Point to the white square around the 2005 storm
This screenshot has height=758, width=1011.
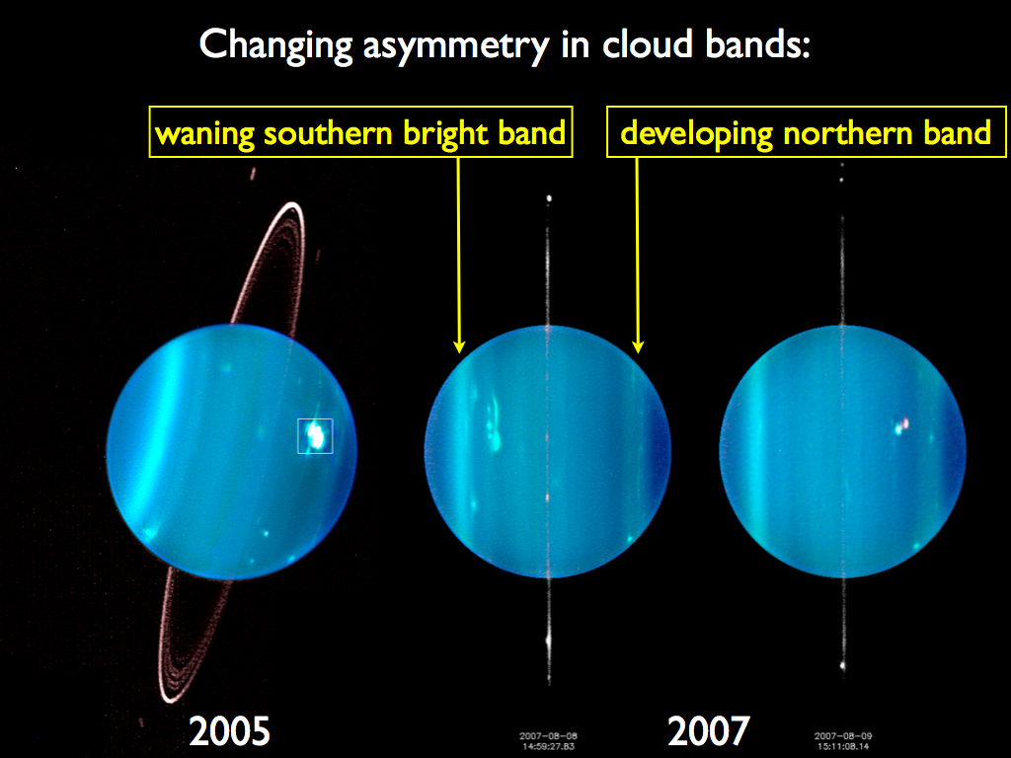click(x=316, y=435)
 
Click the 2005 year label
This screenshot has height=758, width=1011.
click(x=229, y=731)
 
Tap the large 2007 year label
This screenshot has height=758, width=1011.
click(x=708, y=731)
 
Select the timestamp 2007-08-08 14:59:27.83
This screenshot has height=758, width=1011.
click(x=549, y=740)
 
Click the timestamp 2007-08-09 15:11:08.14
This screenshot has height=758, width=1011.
click(x=843, y=740)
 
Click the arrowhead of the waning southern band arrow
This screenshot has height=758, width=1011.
click(x=459, y=346)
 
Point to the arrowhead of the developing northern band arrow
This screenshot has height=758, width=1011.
click(x=638, y=346)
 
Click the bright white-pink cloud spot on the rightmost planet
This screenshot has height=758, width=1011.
click(x=902, y=425)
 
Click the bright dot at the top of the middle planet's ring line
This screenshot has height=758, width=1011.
click(x=548, y=199)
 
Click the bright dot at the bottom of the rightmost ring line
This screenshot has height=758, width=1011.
click(x=842, y=665)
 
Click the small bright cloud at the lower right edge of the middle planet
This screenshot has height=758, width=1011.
click(x=629, y=537)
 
